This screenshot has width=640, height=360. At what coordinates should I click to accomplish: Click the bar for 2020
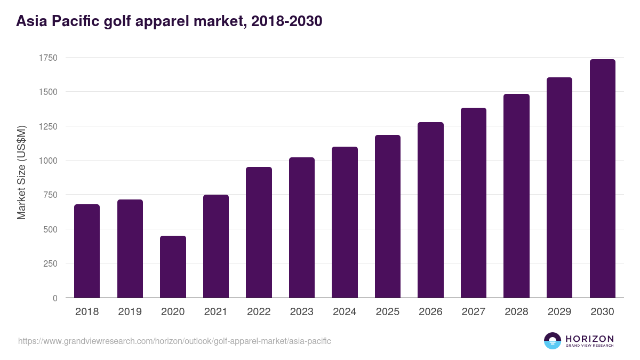173,267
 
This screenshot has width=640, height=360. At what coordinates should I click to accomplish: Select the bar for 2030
602,179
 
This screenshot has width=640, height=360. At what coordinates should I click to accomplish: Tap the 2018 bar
87,251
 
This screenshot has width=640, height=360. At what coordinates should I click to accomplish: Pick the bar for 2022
259,232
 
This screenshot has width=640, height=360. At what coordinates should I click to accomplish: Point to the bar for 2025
388,216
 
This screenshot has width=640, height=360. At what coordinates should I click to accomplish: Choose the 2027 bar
474,203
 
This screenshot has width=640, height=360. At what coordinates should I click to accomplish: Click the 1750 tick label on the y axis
47,58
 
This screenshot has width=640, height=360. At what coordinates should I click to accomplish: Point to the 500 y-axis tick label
50,229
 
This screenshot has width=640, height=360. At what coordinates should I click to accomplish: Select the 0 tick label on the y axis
55,298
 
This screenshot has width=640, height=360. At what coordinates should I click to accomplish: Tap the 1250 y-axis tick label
47,126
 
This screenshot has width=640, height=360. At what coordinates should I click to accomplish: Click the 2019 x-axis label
130,312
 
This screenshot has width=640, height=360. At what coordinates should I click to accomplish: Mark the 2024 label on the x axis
345,312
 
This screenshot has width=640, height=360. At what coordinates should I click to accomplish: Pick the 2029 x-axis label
559,312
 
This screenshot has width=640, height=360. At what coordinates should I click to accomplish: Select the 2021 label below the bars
215,312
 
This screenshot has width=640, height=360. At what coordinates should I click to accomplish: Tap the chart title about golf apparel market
169,21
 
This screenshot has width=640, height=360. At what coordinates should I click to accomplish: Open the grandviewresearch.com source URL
174,341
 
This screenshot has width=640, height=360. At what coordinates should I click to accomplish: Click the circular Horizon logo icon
553,341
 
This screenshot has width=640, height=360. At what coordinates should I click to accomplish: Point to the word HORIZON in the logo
589,338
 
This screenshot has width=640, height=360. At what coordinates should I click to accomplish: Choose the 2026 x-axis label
430,312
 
